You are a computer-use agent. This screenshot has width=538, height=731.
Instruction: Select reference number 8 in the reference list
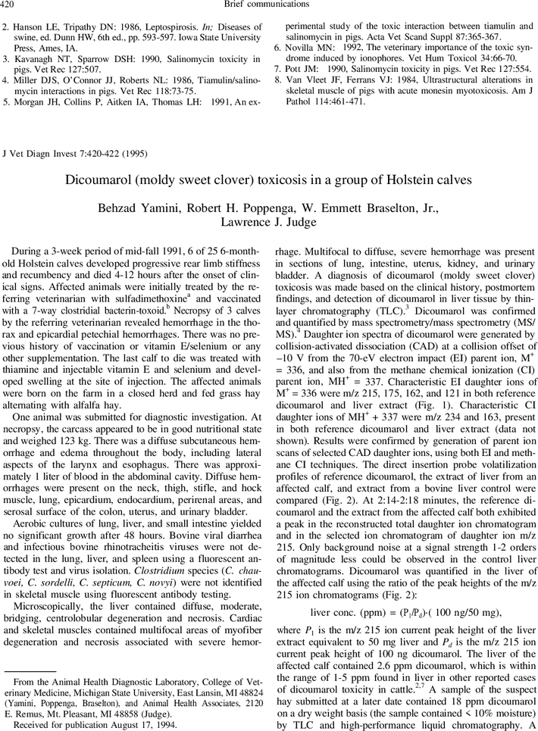[x=278, y=79]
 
